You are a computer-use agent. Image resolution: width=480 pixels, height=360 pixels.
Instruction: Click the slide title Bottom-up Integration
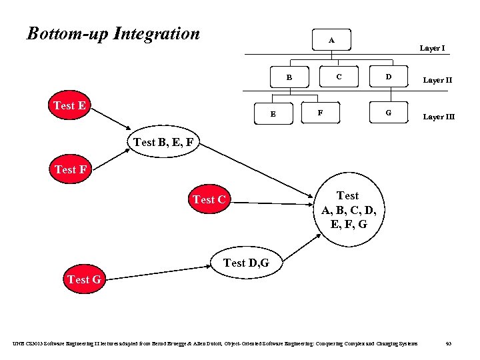point(113,33)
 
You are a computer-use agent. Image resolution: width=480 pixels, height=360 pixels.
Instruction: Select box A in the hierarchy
point(331,41)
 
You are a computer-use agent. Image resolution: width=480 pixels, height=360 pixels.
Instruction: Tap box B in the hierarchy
point(289,77)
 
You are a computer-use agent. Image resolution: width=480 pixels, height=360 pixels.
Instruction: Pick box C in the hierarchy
point(339,77)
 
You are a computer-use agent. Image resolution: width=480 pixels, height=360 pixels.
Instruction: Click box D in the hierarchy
point(388,77)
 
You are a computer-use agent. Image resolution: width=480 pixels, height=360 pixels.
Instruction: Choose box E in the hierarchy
point(273,113)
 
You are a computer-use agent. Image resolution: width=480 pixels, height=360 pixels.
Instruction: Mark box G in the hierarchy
point(388,113)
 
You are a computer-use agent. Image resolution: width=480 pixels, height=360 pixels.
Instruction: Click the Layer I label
point(432,48)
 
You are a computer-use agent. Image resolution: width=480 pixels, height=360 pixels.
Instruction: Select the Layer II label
point(438,80)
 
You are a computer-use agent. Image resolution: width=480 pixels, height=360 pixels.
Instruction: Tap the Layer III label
point(439,117)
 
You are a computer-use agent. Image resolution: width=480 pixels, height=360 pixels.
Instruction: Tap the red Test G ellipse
point(84,280)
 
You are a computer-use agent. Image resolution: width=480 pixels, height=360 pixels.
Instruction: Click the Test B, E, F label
point(163,141)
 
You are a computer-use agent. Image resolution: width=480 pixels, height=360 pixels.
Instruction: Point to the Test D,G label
point(246,263)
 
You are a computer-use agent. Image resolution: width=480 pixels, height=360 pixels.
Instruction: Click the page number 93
point(449,343)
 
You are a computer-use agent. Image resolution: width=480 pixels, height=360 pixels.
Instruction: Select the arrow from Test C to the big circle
point(273,202)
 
